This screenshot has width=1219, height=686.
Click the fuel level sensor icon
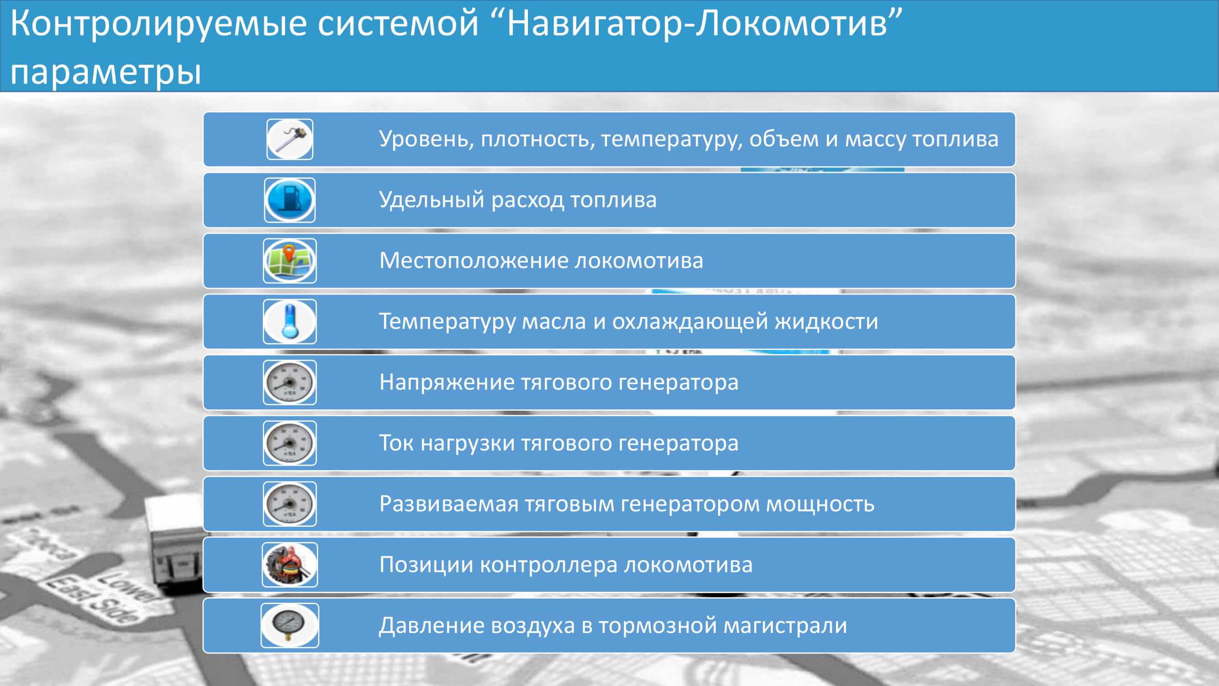(x=290, y=139)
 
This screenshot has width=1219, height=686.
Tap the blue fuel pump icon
(x=290, y=200)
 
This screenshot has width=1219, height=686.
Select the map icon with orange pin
(x=290, y=261)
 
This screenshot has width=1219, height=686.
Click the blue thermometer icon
(x=290, y=322)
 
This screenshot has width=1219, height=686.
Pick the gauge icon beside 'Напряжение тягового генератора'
(x=290, y=382)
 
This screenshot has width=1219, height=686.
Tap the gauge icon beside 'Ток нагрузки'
(x=290, y=443)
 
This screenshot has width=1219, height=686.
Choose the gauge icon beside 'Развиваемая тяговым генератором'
(x=290, y=504)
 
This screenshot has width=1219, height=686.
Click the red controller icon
(x=290, y=565)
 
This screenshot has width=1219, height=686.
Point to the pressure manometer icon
(x=290, y=625)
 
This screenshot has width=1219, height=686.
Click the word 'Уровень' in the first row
(x=426, y=139)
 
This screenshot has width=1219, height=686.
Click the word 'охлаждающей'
(x=690, y=322)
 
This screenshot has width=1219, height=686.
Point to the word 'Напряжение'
(x=447, y=382)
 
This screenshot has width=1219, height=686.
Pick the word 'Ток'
(x=397, y=443)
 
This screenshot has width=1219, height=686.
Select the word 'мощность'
(x=820, y=504)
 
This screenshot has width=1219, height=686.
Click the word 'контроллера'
(x=548, y=565)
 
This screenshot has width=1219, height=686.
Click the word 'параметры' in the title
(x=106, y=72)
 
